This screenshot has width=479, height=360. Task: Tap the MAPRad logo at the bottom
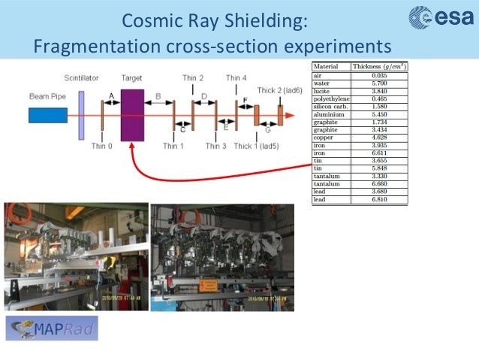[52, 328]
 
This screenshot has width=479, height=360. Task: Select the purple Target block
[132, 115]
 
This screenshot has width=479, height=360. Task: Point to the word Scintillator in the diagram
[80, 78]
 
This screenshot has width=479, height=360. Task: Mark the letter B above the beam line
[158, 96]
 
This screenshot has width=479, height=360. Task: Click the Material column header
[326, 67]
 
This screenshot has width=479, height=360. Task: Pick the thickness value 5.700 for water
[378, 83]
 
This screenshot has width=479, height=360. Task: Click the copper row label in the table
[323, 138]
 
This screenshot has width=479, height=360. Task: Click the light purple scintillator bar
[80, 113]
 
